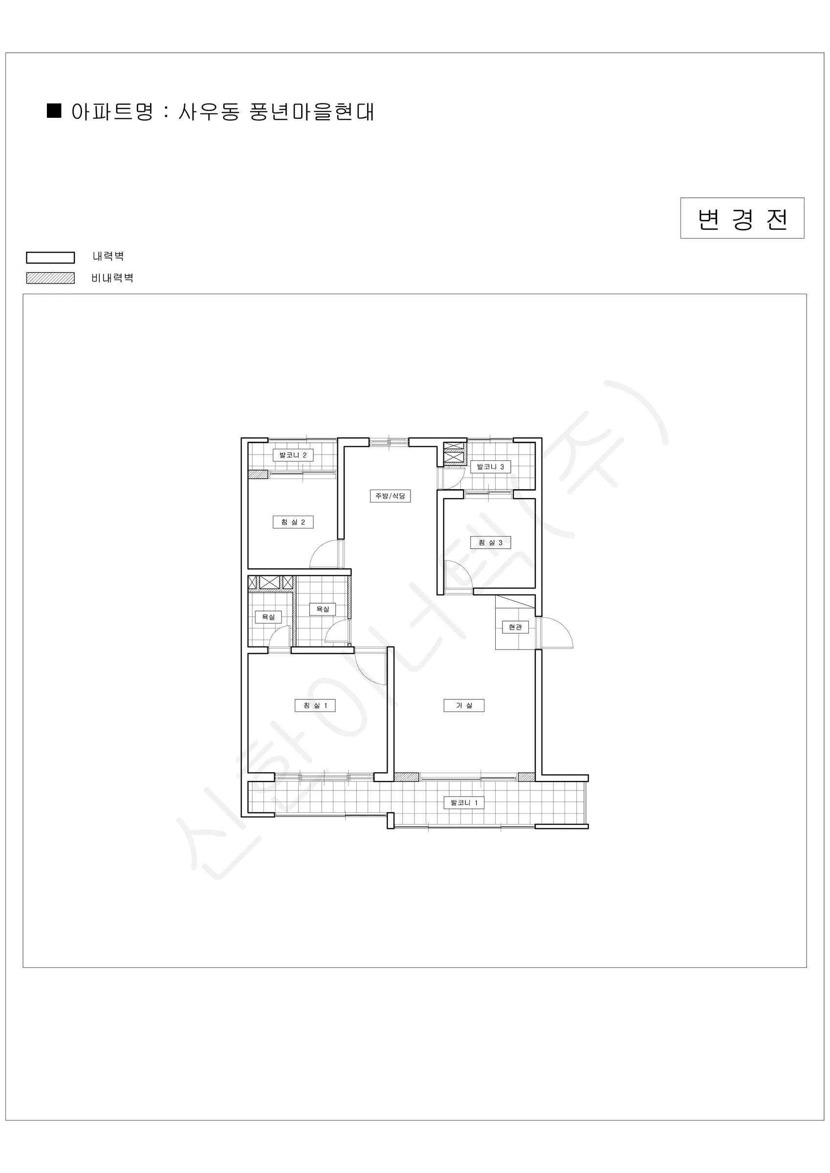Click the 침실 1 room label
[315, 706]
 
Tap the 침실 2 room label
[293, 522]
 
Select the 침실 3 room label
[491, 543]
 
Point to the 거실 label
[464, 706]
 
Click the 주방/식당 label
[391, 496]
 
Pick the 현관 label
[515, 627]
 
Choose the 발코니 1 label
[464, 803]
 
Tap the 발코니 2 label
[293, 455]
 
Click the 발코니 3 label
[491, 466]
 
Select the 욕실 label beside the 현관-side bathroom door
[323, 609]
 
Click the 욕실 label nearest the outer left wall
[268, 617]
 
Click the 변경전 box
[742, 218]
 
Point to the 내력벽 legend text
[109, 256]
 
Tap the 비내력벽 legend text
[112, 278]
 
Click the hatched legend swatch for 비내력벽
[51, 278]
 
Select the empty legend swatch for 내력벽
[51, 258]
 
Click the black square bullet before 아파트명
[54, 111]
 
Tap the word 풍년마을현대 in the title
[312, 112]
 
